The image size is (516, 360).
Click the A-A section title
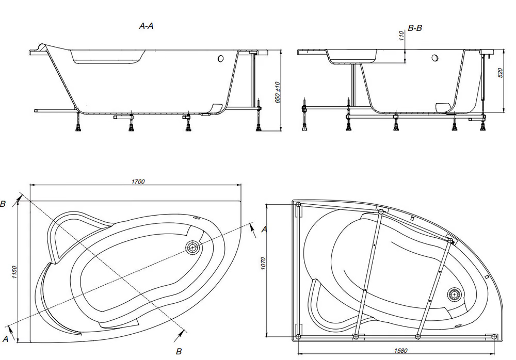point(146,26)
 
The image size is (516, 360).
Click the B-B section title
point(415,28)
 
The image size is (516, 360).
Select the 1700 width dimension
point(138,182)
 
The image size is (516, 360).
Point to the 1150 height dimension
point(14,272)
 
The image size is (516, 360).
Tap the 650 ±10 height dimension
point(278,92)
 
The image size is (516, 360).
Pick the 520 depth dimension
point(501,73)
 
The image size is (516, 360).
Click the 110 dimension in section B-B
point(401,36)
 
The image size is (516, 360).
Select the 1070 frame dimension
point(263,264)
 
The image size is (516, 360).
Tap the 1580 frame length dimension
point(400,350)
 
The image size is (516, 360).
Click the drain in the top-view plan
point(192,247)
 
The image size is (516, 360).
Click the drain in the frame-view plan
point(455,294)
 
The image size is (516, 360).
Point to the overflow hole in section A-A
point(220,59)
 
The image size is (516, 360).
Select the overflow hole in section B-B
point(435,58)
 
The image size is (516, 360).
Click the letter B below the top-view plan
point(179,351)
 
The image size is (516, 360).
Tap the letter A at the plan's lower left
point(5,339)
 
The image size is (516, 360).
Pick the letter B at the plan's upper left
point(3,204)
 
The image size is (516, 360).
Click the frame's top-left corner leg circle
point(298,204)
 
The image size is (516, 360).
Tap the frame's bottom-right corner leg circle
point(494,336)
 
